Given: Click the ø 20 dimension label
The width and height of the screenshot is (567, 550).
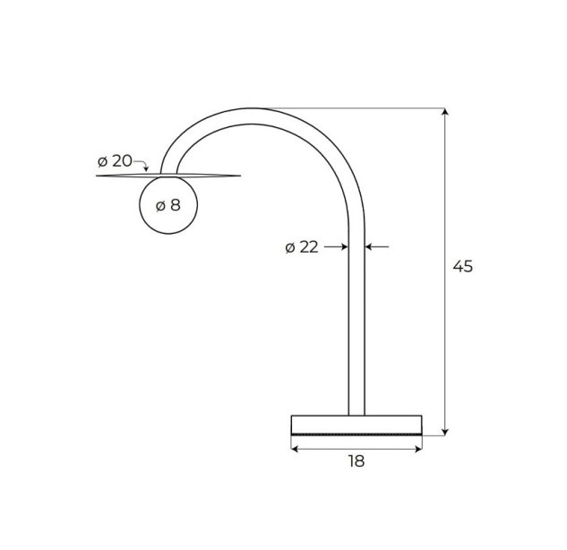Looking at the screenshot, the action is pos(115,161).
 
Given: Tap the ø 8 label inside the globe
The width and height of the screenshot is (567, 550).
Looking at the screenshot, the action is pos(168,206).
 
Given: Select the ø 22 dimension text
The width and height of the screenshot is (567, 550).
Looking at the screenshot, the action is pos(302,247).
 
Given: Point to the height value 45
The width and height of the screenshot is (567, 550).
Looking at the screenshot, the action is pos(463,267).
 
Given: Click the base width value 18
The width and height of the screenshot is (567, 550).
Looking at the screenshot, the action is pos(357,461).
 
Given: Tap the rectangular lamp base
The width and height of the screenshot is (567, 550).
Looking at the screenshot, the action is pos(357,425).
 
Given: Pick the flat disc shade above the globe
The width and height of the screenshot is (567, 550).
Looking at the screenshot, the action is pos(168,176).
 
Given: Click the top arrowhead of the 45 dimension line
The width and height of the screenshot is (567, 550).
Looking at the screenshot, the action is pos(445,111).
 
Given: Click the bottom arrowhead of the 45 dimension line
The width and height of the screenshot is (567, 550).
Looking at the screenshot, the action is pos(445,432).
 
